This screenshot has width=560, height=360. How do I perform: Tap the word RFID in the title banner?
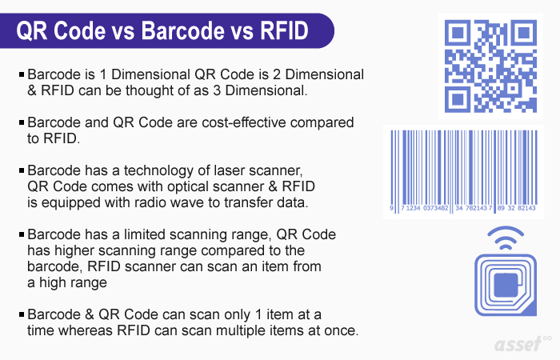coord(284,30)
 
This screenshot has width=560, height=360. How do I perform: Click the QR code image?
coord(490,66)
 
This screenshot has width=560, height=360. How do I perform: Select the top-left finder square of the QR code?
coord(457,33)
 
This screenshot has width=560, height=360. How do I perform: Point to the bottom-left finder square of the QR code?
coord(457,100)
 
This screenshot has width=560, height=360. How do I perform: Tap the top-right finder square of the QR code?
coord(523,33)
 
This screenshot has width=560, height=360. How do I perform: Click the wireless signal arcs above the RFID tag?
coord(506,237)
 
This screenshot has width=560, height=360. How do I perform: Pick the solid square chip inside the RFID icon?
coord(506,285)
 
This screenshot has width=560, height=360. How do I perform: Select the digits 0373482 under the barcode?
coord(435,208)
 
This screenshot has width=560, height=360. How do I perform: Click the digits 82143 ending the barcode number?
coord(526,208)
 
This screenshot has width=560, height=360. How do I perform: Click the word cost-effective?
coord(243,122)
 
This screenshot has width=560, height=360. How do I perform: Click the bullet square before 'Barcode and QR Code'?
coord(22,122)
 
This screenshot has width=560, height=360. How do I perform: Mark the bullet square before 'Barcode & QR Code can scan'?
coord(22,314)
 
